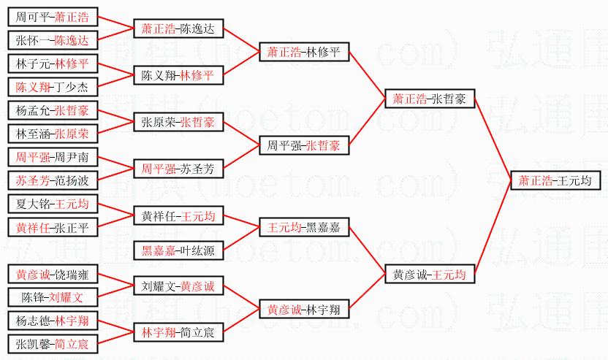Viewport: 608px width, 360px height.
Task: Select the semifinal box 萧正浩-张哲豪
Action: tap(430, 99)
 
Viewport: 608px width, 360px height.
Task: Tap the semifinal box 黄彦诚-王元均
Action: tap(430, 275)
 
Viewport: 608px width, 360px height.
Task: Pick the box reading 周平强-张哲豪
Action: tap(304, 146)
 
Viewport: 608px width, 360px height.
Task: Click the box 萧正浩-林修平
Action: tap(303, 52)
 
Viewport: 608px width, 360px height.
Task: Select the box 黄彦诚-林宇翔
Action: tap(303, 310)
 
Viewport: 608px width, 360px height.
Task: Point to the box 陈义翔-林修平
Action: tap(178, 75)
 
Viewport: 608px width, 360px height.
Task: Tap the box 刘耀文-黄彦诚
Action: tap(178, 286)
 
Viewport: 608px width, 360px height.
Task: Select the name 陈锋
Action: tap(34, 298)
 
